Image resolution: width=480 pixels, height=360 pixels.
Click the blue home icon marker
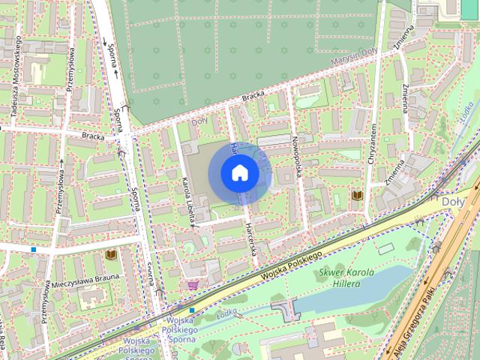click(239, 172)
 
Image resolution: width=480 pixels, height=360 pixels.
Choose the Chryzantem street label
click(371, 146)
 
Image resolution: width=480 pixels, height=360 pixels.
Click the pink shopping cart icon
click(193, 285)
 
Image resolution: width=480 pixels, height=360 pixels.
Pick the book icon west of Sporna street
click(111, 256)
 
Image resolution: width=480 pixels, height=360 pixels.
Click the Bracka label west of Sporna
click(93, 136)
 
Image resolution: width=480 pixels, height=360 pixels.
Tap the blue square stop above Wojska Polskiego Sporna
click(192, 310)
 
